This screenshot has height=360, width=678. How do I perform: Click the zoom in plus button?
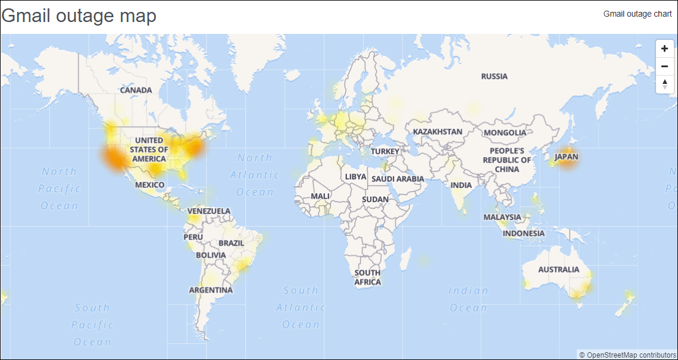(x=665, y=49)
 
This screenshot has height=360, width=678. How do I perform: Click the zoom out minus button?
(x=665, y=66)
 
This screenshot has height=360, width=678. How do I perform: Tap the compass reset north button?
(x=665, y=84)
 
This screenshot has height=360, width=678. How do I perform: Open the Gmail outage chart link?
(x=638, y=14)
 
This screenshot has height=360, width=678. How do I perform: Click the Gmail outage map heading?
(x=79, y=16)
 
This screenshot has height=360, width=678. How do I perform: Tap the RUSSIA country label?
(x=494, y=76)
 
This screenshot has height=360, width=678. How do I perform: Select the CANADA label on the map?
(x=136, y=90)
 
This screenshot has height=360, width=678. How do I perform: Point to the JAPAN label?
(x=565, y=157)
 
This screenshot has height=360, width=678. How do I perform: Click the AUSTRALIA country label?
(x=558, y=270)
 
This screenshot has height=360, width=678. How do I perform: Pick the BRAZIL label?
(x=231, y=243)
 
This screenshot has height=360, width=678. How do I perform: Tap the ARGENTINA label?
(x=211, y=290)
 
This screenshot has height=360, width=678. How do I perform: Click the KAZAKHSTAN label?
(x=438, y=132)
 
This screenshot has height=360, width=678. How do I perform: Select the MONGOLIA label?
(x=505, y=133)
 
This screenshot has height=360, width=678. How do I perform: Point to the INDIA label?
(x=461, y=185)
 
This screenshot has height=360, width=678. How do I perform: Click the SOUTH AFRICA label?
(x=367, y=277)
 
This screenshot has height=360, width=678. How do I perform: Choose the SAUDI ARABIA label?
(x=398, y=179)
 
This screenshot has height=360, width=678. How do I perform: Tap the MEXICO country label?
(x=149, y=185)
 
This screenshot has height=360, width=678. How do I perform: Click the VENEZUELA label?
(x=209, y=211)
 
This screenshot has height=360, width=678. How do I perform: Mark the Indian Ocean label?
(x=468, y=299)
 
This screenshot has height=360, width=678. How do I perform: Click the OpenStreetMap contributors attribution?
(x=627, y=355)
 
